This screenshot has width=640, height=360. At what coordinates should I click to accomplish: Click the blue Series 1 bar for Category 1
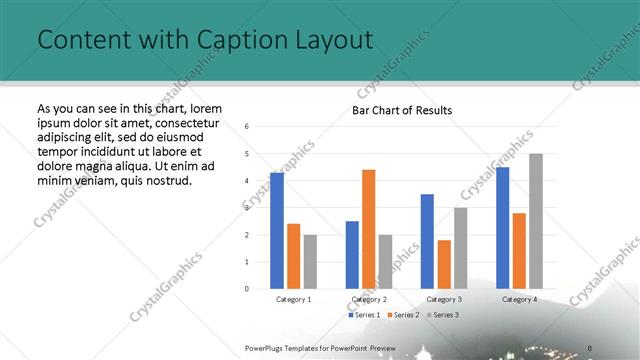tap(277, 231)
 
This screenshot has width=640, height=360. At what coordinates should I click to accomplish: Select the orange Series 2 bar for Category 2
tap(368, 229)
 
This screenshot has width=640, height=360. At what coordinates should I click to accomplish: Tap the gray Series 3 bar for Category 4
tap(536, 221)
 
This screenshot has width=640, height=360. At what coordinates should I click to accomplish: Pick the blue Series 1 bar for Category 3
tap(427, 241)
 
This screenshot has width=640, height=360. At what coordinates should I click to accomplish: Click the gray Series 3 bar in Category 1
tap(310, 261)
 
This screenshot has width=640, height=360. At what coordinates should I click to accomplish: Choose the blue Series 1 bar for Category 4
tap(502, 228)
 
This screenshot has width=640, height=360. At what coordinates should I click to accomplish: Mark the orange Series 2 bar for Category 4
tap(519, 250)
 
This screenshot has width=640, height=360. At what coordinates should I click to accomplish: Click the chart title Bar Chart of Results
tap(402, 110)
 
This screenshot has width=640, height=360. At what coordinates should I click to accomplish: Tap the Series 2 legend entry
tap(402, 315)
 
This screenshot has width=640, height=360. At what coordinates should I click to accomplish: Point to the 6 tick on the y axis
tap(247, 127)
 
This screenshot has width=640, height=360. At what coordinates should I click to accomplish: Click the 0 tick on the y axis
tap(247, 289)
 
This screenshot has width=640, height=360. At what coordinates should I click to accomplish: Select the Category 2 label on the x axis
tap(369, 299)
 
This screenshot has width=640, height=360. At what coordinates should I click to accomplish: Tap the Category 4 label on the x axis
tap(519, 299)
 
